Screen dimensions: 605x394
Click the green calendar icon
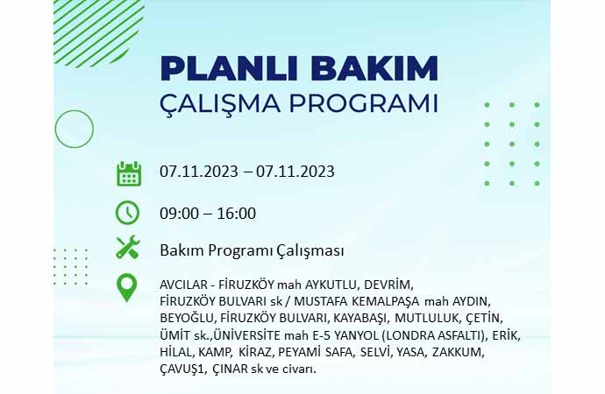click(x=129, y=173)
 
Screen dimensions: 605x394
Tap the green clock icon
click(x=127, y=213)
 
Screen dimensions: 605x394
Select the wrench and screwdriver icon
click(x=128, y=247)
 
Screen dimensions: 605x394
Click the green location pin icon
click(x=127, y=287)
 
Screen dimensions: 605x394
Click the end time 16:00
click(x=236, y=214)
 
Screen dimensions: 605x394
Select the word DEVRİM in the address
click(x=388, y=285)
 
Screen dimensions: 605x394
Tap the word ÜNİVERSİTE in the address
click(x=246, y=334)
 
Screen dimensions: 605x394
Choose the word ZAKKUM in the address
click(x=458, y=352)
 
